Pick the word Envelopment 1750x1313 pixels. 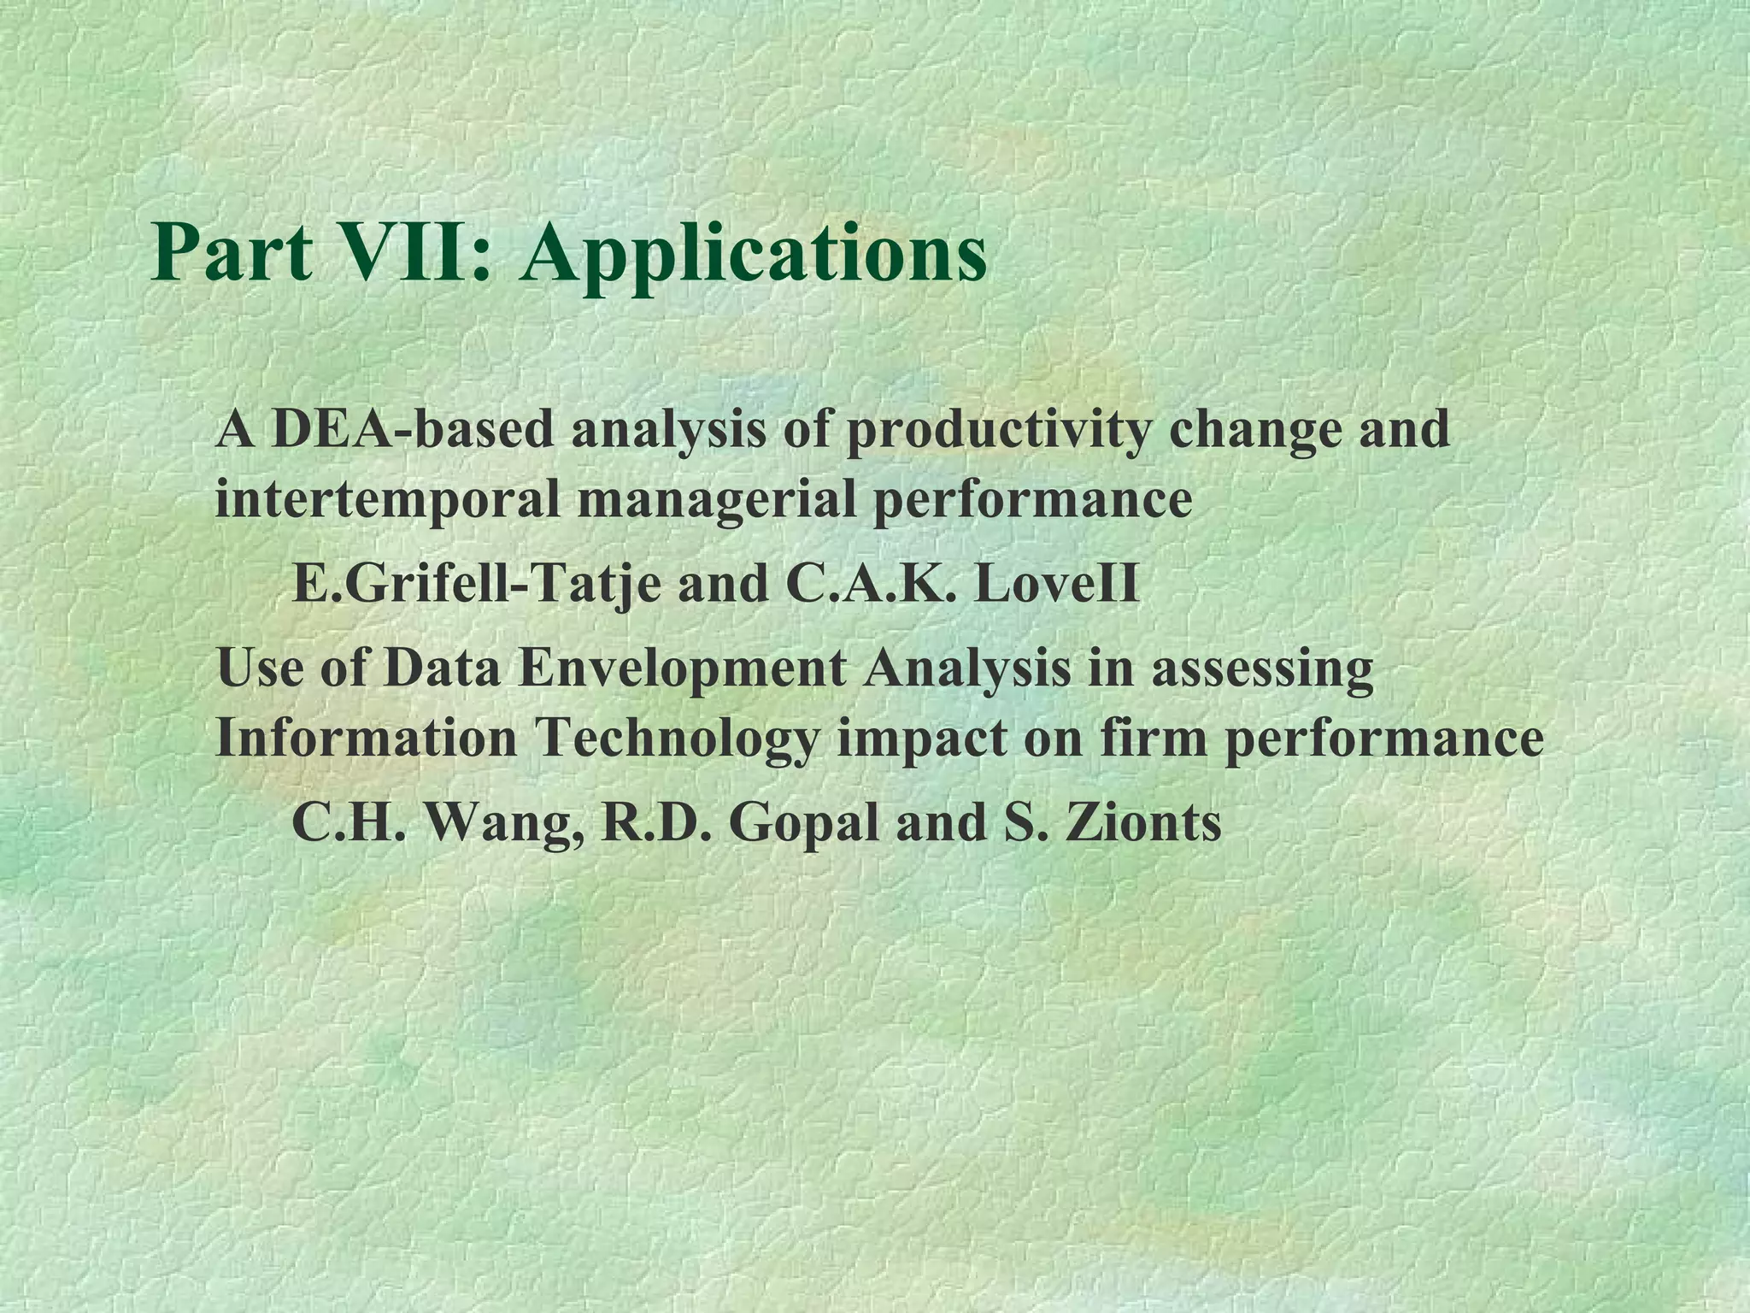(x=682, y=669)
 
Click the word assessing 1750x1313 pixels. (x=1262, y=669)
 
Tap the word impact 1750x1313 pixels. (x=921, y=739)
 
